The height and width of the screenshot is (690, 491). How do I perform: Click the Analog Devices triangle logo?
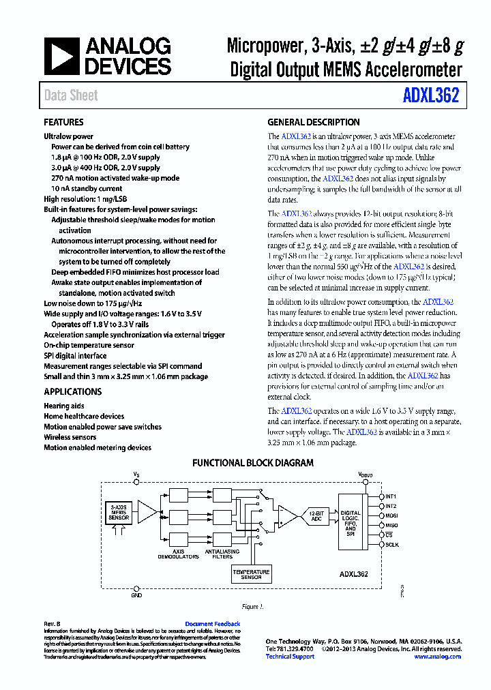coord(62,57)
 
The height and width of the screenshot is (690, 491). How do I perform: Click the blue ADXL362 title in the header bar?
coord(431,95)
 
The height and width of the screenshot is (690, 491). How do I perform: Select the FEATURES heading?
coord(63,123)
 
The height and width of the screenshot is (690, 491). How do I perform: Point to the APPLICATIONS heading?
coord(72,392)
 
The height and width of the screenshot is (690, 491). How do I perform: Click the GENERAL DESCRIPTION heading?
coord(313,123)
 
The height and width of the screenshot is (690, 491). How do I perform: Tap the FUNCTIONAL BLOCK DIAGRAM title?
coord(252,463)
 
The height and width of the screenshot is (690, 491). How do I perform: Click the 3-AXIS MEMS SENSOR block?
coord(119,513)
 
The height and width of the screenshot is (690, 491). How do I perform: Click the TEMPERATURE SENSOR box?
coord(251,574)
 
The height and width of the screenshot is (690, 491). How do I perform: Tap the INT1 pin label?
coord(391,496)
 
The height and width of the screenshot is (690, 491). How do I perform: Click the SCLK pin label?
coord(391,545)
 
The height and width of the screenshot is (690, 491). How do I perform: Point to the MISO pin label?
coord(391,525)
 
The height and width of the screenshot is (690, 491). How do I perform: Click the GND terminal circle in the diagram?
coord(137,588)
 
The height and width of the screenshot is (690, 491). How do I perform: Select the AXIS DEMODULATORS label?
coord(178,554)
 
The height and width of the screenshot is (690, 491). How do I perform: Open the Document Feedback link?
coord(212,624)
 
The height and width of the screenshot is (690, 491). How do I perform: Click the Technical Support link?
coord(290,657)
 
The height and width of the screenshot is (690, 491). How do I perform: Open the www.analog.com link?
coord(437,657)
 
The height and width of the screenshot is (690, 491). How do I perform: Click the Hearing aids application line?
coord(64,406)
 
